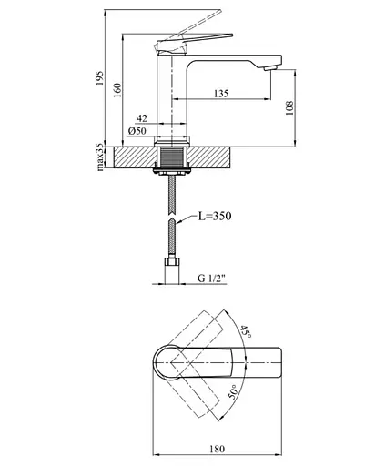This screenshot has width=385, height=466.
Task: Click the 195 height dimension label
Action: tap(99, 78)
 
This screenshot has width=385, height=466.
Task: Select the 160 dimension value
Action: tap(117, 90)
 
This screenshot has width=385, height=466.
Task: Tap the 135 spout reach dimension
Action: tap(221, 94)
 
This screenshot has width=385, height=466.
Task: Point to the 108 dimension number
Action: tap(289, 108)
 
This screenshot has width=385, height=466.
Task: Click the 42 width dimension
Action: tap(142, 118)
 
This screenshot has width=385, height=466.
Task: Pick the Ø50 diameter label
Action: tap(137, 131)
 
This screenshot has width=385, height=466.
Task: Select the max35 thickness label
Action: tap(100, 157)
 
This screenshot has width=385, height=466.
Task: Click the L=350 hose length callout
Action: tap(215, 216)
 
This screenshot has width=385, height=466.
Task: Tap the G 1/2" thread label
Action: tap(212, 278)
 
